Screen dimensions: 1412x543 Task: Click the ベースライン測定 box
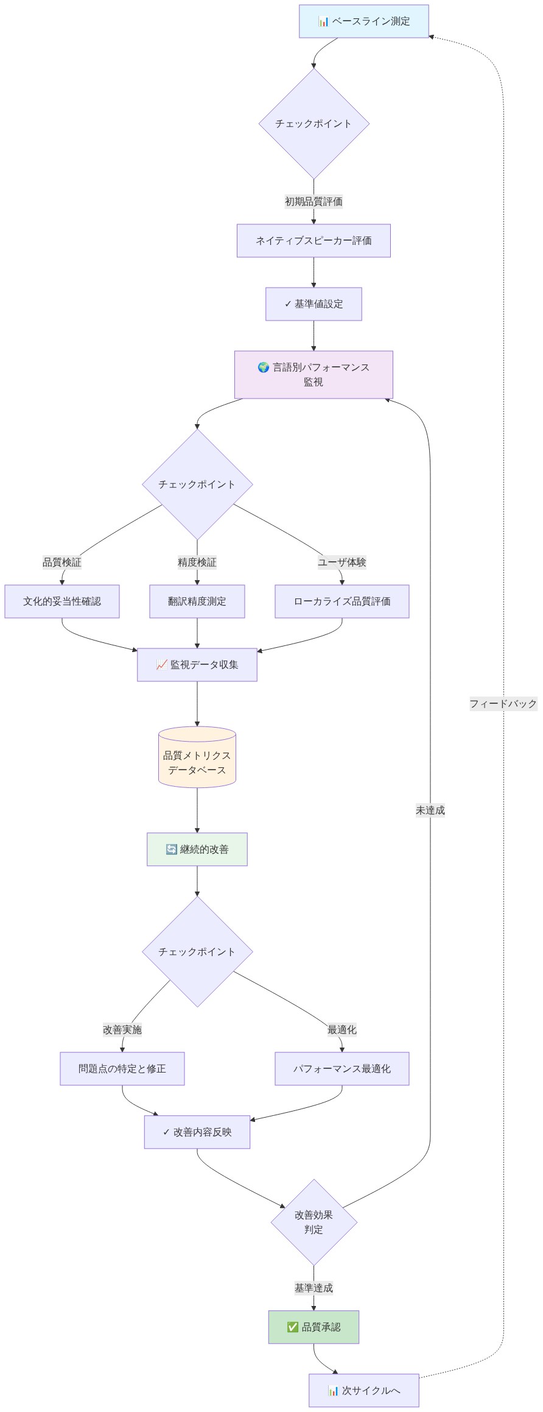pyautogui.click(x=364, y=21)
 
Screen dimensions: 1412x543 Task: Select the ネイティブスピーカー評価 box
pyautogui.click(x=314, y=241)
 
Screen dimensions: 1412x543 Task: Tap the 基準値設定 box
pyautogui.click(x=314, y=304)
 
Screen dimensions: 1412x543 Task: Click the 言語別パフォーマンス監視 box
pyautogui.click(x=314, y=375)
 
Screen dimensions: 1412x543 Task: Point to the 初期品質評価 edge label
pyautogui.click(x=314, y=201)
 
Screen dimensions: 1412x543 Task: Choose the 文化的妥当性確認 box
pyautogui.click(x=62, y=601)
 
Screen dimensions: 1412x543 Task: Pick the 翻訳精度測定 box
pyautogui.click(x=197, y=601)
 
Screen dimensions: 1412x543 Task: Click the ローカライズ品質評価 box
pyautogui.click(x=342, y=601)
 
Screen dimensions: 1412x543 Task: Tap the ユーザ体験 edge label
pyautogui.click(x=342, y=562)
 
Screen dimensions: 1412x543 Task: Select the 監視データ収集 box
pyautogui.click(x=197, y=665)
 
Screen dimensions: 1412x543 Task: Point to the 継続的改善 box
pyautogui.click(x=197, y=850)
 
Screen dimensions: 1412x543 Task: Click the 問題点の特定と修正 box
pyautogui.click(x=122, y=1069)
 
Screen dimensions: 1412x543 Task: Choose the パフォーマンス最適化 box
pyautogui.click(x=342, y=1069)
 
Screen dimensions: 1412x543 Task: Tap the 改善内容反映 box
pyautogui.click(x=197, y=1132)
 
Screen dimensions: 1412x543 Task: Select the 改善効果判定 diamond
pyautogui.click(x=314, y=1222)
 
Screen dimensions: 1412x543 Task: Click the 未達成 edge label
pyautogui.click(x=430, y=811)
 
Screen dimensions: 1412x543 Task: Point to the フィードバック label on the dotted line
pyautogui.click(x=503, y=704)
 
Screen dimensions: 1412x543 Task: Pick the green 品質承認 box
pyautogui.click(x=314, y=1327)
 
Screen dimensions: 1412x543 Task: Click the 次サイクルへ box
pyautogui.click(x=364, y=1391)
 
